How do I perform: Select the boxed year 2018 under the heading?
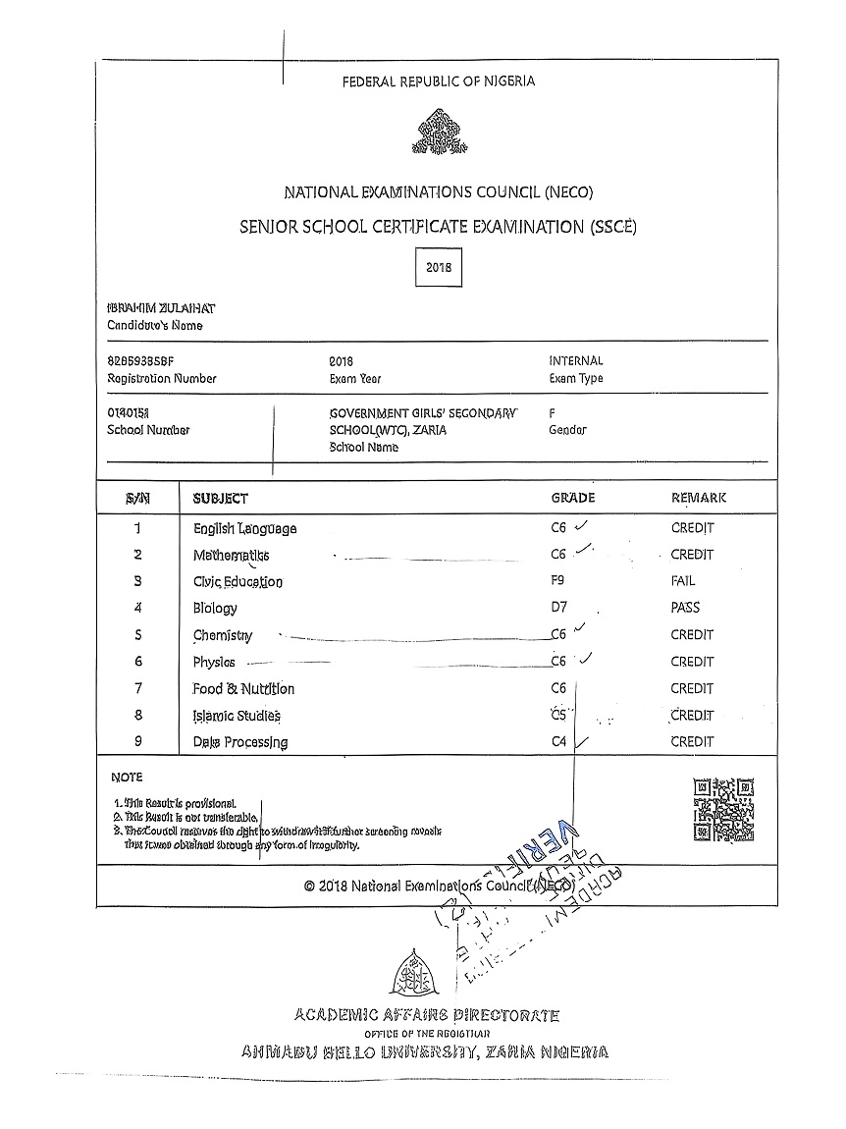(438, 267)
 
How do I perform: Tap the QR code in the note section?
(723, 810)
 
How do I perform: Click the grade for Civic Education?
(558, 581)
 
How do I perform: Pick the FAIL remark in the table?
(683, 581)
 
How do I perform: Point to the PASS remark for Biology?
(685, 608)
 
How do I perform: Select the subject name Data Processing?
(240, 742)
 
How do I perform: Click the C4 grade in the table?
(559, 742)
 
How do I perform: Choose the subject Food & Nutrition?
(243, 689)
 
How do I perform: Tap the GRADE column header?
(573, 499)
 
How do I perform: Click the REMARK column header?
(699, 499)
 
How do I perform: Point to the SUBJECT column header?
(221, 499)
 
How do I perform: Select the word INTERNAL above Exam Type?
(576, 361)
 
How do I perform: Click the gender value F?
(554, 413)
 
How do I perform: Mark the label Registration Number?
(162, 379)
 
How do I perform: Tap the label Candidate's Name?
(155, 326)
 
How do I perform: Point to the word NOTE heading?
(127, 778)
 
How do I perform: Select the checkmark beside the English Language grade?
(583, 525)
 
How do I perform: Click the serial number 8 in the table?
(138, 716)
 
